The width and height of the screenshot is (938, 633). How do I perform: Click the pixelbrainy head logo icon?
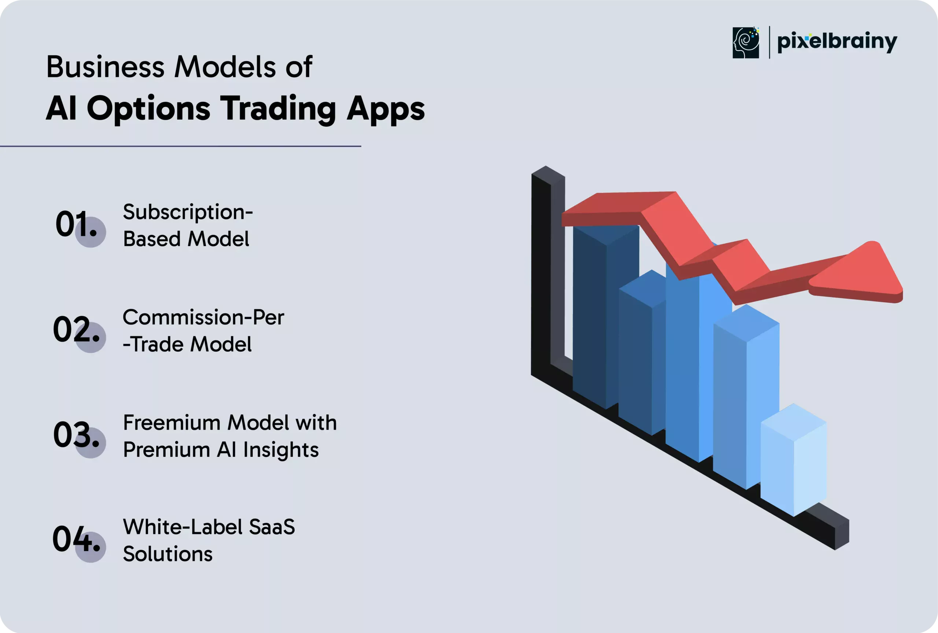[x=746, y=42]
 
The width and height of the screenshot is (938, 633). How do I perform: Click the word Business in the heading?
[x=106, y=67]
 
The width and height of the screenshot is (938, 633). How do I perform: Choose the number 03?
[x=76, y=434]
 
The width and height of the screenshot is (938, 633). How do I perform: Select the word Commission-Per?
[x=203, y=317]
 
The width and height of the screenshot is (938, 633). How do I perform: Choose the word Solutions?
[x=168, y=554]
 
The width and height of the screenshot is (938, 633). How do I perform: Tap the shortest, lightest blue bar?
[x=794, y=459]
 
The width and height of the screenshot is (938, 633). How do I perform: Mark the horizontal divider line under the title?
[x=180, y=146]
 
